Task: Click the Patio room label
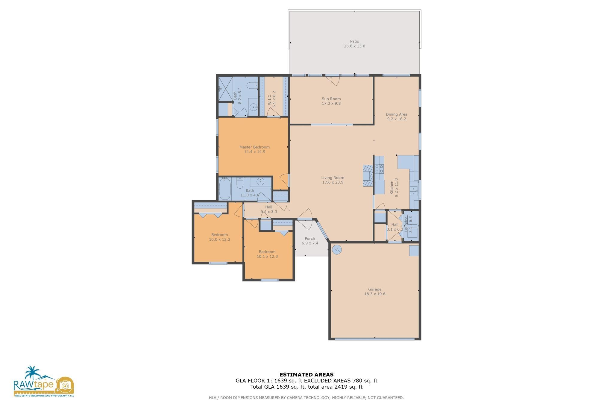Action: point(354,41)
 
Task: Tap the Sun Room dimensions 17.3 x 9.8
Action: point(331,104)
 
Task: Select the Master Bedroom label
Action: point(254,147)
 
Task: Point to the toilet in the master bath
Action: point(252,86)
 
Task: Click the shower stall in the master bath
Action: point(225,89)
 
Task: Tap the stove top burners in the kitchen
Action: point(379,169)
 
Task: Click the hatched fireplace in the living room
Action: point(368,175)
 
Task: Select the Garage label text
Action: point(374,289)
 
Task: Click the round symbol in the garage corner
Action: point(337,249)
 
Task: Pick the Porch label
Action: point(310,239)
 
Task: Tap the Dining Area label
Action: point(396,114)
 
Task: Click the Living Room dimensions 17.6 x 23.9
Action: point(333,182)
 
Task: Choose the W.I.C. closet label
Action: point(269,99)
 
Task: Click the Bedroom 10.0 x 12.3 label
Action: point(219,235)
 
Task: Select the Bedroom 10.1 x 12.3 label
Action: point(267,252)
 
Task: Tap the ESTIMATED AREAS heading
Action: point(306,375)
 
